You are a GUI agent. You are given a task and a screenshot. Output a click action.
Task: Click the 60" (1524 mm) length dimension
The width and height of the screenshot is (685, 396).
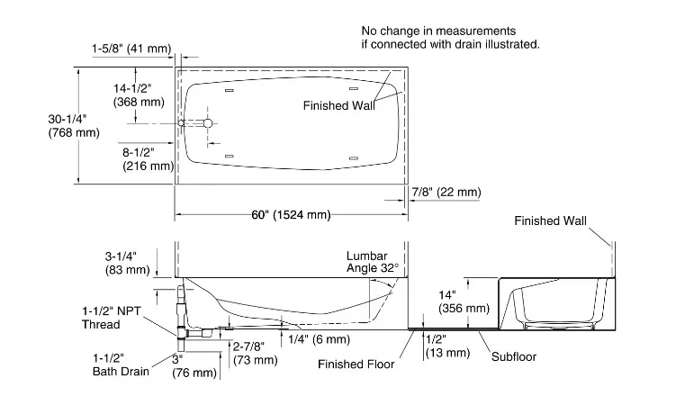pyautogui.click(x=292, y=214)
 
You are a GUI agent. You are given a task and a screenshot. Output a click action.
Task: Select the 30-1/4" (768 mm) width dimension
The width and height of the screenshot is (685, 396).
pyautogui.click(x=73, y=126)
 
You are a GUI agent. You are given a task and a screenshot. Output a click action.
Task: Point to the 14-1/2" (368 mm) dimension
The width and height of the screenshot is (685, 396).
pyautogui.click(x=139, y=95)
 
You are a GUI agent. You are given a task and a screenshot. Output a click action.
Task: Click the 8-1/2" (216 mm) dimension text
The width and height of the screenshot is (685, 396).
pyautogui.click(x=148, y=158)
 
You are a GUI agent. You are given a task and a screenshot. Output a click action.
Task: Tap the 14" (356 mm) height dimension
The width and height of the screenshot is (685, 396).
pyautogui.click(x=464, y=301)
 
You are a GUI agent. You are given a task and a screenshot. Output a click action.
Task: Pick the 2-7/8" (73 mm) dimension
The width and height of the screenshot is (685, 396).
pyautogui.click(x=255, y=352)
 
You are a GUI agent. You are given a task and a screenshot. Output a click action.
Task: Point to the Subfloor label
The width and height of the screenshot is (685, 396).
pyautogui.click(x=513, y=357)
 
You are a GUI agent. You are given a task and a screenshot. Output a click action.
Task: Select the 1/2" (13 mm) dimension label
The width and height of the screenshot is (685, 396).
pyautogui.click(x=446, y=346)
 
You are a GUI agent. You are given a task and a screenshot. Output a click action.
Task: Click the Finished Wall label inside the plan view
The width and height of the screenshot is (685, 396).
pyautogui.click(x=338, y=106)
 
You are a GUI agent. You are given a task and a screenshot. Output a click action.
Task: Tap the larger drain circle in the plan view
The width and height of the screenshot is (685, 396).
pyautogui.click(x=208, y=122)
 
